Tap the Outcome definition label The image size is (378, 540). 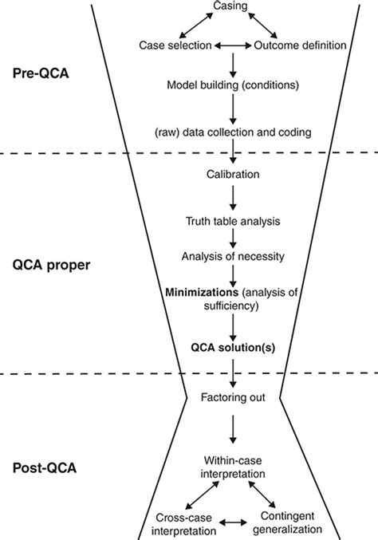[x=300, y=45]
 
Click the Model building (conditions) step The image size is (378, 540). [x=231, y=85]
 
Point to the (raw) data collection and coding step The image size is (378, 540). [x=232, y=129]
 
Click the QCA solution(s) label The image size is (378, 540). [x=232, y=347]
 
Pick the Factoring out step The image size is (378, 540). [x=232, y=396]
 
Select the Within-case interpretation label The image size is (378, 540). [x=232, y=467]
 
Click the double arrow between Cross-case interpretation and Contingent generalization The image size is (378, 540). [x=231, y=523]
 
